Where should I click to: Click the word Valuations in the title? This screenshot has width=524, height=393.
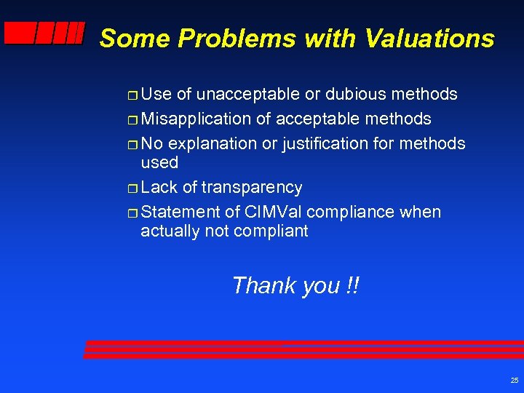(x=430, y=38)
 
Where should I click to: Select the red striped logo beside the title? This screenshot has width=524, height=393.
(x=44, y=33)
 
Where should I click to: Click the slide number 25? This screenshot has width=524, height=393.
(x=515, y=381)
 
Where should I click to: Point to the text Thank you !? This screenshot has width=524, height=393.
(x=295, y=285)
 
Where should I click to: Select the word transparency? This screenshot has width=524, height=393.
(x=252, y=187)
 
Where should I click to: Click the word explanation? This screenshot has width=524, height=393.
(x=212, y=143)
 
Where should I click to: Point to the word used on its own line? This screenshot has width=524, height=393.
(x=159, y=162)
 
